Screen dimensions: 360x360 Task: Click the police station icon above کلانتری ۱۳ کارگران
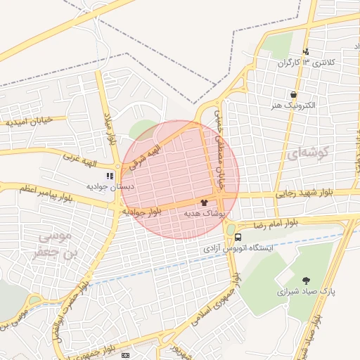[x=306, y=51]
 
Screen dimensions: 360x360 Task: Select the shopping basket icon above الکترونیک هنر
[x=293, y=95]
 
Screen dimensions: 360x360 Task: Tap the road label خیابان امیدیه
[x=30, y=121]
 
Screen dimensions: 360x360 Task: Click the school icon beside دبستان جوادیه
[x=109, y=176]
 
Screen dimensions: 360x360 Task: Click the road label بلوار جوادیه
[x=143, y=211]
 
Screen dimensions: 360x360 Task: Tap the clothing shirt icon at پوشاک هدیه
[x=204, y=202]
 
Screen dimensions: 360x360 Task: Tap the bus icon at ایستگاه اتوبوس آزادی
[x=239, y=237]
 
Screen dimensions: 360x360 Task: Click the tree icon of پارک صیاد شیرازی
[x=306, y=280]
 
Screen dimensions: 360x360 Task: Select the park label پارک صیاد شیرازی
[x=300, y=290]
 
